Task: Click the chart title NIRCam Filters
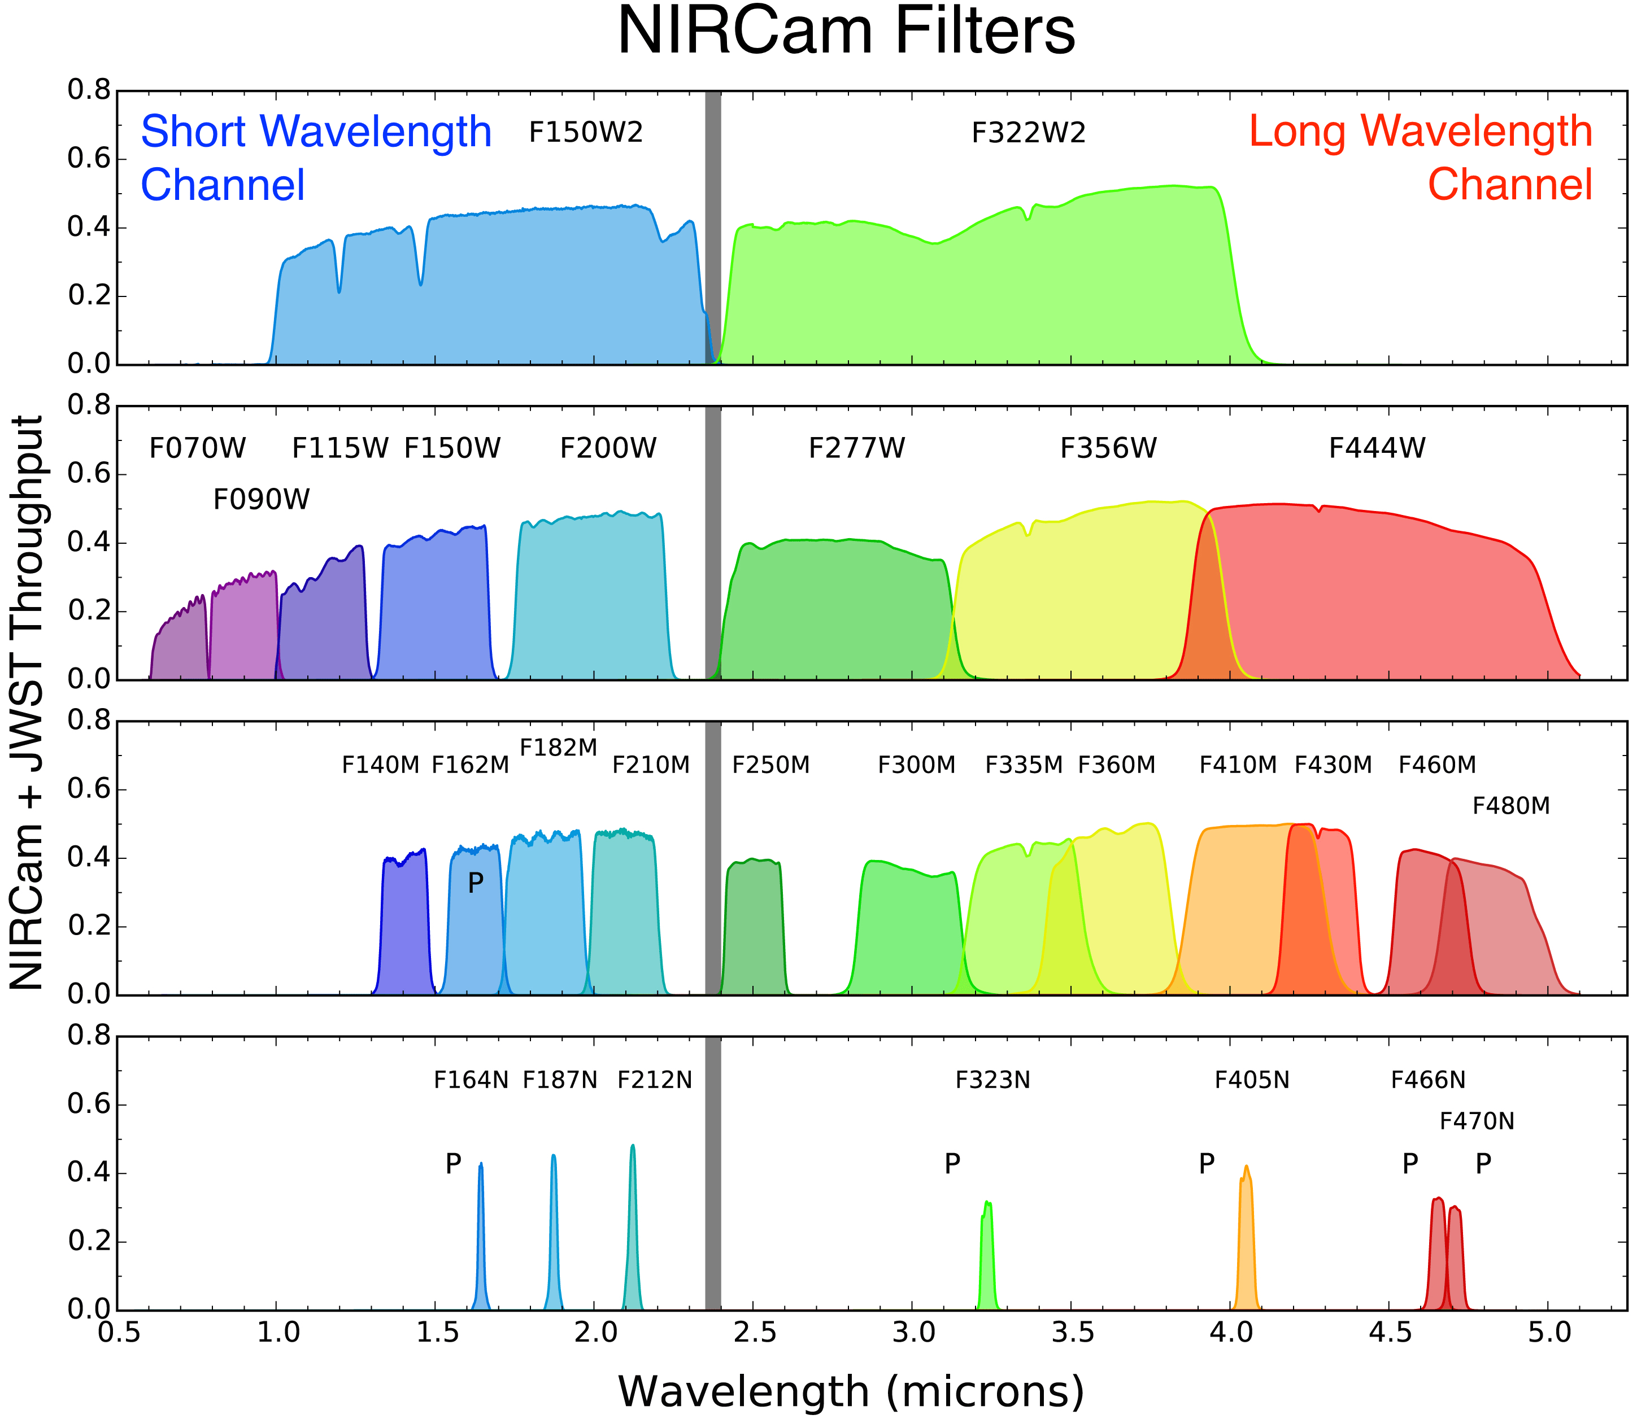click(846, 32)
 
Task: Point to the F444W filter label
click(1377, 449)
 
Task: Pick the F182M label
click(558, 748)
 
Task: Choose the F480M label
click(1510, 806)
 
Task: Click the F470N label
click(1476, 1121)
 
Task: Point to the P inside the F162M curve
click(475, 883)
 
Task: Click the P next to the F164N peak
click(453, 1164)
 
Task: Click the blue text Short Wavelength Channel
click(315, 158)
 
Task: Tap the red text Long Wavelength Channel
click(1421, 158)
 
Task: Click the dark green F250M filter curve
click(754, 927)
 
